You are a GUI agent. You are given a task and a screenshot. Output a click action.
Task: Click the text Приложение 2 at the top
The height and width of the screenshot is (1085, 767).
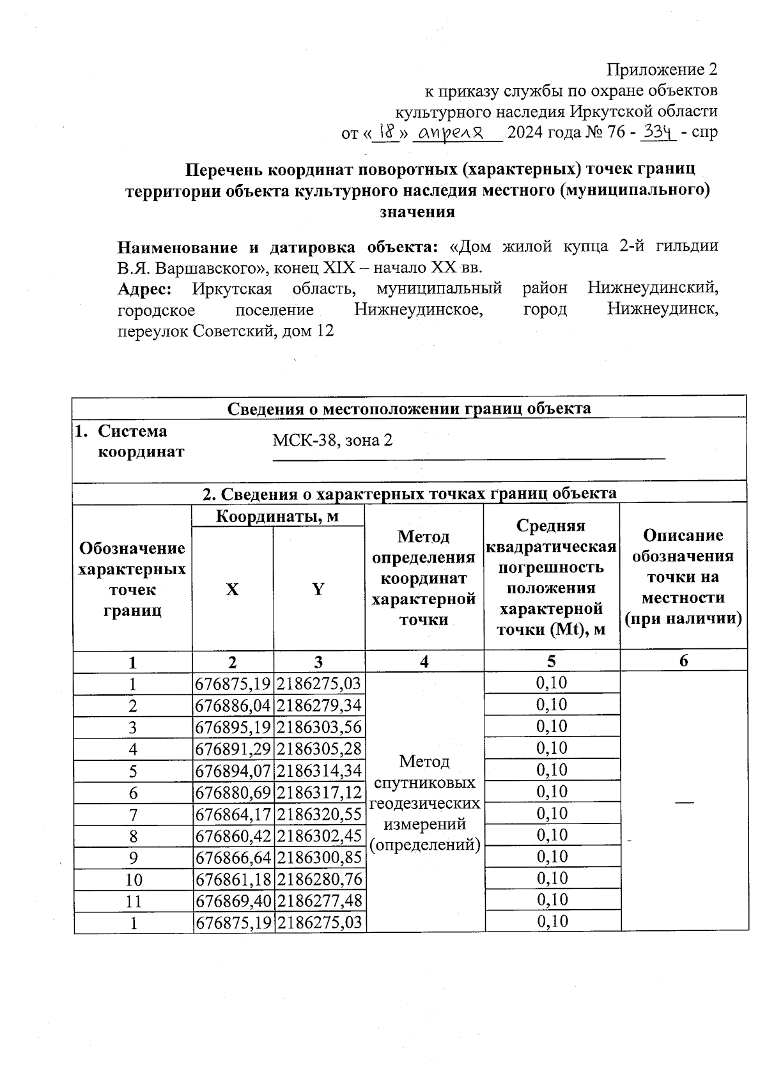[662, 68]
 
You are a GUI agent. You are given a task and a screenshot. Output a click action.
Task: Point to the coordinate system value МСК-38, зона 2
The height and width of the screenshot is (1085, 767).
[332, 440]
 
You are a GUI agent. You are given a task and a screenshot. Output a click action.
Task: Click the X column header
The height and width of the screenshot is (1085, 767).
[232, 589]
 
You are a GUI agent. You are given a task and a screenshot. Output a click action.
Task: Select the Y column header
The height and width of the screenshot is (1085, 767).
[318, 589]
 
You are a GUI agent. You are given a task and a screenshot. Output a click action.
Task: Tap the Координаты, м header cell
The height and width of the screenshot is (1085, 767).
[277, 515]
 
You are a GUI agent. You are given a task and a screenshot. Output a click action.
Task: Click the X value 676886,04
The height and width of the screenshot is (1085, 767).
[233, 706]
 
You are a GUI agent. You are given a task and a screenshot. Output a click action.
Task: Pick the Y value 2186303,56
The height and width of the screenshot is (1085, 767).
[320, 728]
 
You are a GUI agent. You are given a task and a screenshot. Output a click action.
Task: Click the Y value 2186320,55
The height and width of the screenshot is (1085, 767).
[320, 815]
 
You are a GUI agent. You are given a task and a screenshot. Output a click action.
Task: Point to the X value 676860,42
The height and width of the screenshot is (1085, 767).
[233, 836]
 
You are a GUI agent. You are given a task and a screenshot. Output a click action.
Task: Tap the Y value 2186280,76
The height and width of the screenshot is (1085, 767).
[320, 880]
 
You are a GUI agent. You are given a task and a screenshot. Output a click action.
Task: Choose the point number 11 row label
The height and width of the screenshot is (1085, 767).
[133, 902]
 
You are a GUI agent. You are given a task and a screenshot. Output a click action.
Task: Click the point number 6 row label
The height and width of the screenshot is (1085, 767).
[133, 793]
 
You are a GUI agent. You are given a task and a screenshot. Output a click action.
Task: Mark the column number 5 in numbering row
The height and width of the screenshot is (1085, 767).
[551, 662]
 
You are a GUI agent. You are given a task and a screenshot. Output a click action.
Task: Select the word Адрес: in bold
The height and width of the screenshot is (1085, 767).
[144, 288]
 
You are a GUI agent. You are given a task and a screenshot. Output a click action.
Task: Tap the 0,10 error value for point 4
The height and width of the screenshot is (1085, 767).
[552, 748]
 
